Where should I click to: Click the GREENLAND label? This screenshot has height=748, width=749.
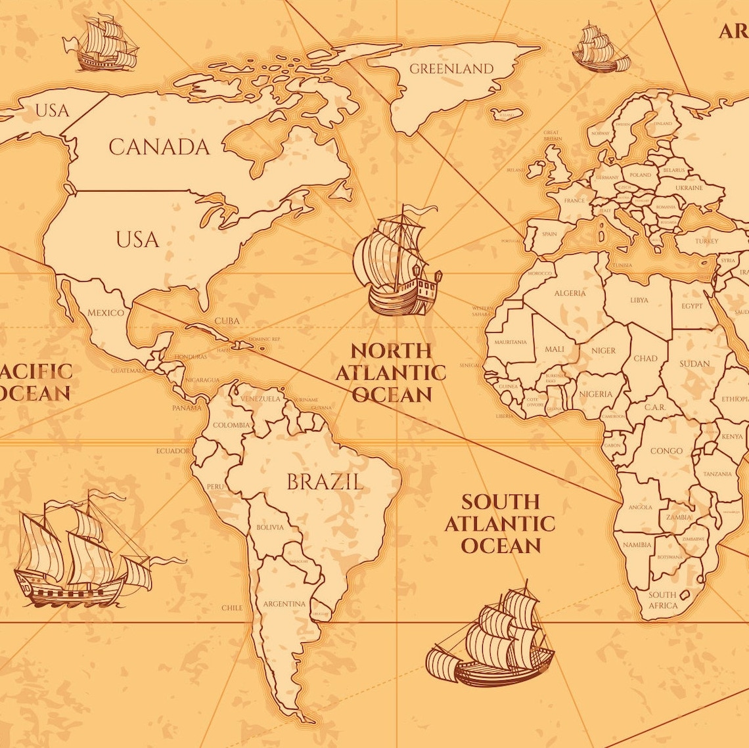[451, 68]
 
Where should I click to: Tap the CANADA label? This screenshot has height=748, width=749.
[159, 147]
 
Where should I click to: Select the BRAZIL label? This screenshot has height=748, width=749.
[325, 483]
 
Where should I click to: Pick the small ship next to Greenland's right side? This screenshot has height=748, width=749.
[600, 49]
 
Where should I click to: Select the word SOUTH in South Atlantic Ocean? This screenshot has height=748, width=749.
[500, 502]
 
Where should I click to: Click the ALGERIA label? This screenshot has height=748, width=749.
[570, 293]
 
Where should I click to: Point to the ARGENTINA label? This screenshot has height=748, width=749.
[284, 604]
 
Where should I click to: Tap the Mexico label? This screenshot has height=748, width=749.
[106, 313]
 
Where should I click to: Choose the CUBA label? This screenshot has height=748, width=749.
[227, 321]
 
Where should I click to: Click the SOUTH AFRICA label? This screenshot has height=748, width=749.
[662, 600]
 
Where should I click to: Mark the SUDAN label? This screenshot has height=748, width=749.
[694, 363]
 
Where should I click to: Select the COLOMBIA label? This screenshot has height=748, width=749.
[231, 425]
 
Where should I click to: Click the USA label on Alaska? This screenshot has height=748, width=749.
[52, 110]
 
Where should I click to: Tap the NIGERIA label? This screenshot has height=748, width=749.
[595, 394]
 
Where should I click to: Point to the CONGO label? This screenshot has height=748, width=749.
[666, 451]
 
